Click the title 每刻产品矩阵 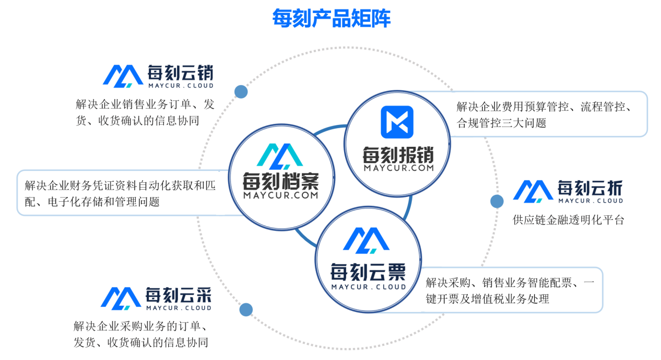(331, 18)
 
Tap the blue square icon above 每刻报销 (397, 122)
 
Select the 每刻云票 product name (368, 271)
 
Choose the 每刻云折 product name (590, 188)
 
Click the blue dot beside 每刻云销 (241, 92)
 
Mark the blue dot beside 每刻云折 (497, 201)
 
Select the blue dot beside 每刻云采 (246, 309)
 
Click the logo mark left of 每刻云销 (122, 76)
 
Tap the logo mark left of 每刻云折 (533, 191)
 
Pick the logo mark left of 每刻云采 (121, 298)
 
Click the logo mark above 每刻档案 (280, 155)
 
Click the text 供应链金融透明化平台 (569, 220)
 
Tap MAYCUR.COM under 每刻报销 (399, 168)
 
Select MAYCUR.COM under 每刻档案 (280, 195)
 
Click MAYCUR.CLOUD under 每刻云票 (369, 286)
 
